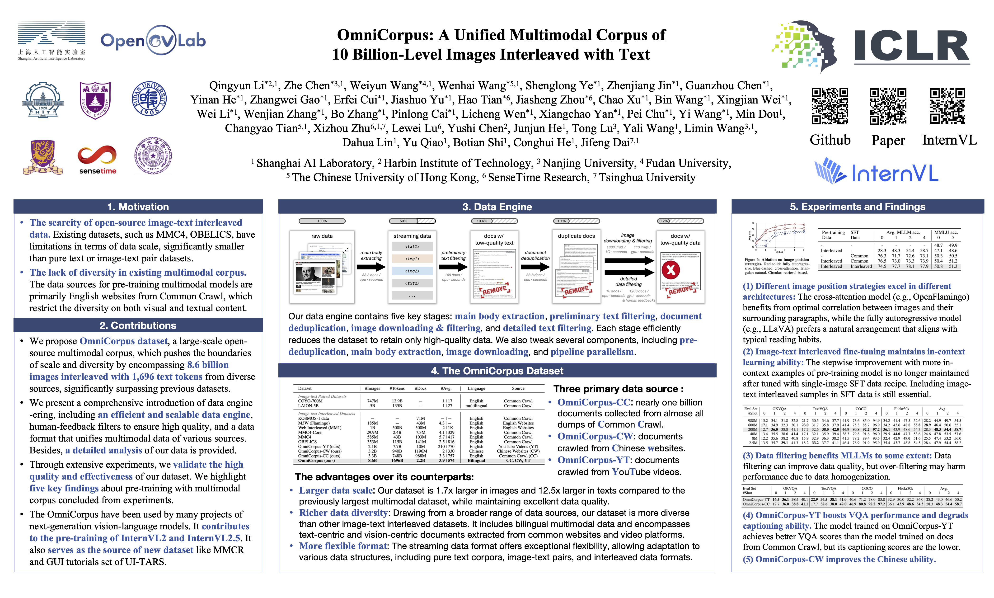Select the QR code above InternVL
[947, 106]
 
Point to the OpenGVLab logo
[153, 40]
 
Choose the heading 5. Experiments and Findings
[858, 207]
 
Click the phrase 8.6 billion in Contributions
[208, 365]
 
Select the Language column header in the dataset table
[476, 388]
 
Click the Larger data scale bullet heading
[336, 490]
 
